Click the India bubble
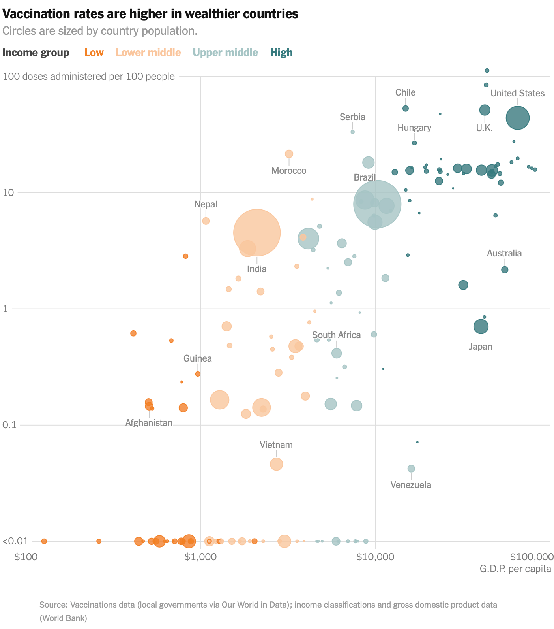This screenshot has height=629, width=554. (257, 233)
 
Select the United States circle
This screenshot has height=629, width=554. (517, 118)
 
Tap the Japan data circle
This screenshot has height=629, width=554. (481, 327)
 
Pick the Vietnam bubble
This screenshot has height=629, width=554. (276, 464)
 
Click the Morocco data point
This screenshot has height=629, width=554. (289, 154)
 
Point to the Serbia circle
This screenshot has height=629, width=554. (352, 132)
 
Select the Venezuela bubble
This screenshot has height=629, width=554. (411, 469)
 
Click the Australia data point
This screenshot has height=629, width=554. (504, 270)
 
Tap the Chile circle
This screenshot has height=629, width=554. (405, 109)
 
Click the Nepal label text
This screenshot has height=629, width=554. (206, 204)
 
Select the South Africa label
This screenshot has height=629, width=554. (336, 335)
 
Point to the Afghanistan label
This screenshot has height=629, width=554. (149, 423)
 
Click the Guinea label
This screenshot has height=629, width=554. (197, 358)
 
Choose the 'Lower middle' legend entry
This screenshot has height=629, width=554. (148, 53)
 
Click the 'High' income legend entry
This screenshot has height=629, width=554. (281, 53)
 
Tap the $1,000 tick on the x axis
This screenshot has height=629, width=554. (200, 557)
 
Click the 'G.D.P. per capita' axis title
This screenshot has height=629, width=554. (515, 569)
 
